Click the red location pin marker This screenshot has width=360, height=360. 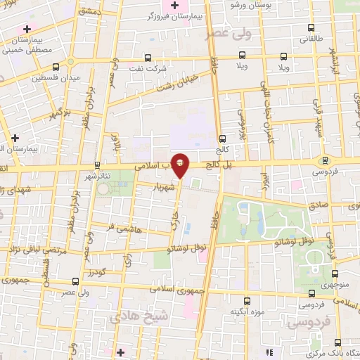[181, 164]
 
